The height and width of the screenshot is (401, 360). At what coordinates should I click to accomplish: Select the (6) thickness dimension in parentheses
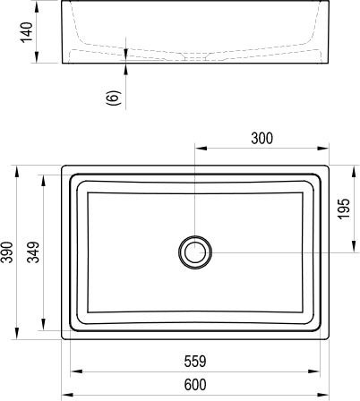tap(112, 98)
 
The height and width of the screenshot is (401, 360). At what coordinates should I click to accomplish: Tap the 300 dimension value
tap(262, 138)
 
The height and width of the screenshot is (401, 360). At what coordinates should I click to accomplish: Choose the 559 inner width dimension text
tap(195, 363)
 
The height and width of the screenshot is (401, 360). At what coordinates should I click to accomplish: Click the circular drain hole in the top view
tap(195, 252)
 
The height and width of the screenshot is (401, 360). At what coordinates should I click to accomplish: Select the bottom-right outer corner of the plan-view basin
tap(329, 339)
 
